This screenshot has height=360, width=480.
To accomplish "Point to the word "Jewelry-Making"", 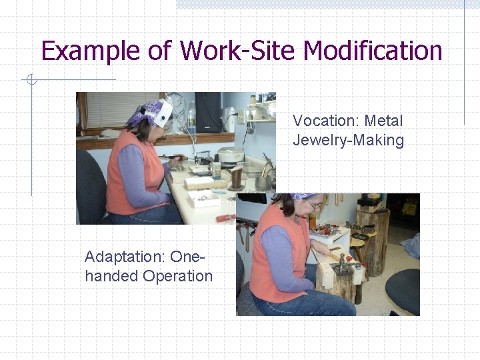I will [x=348, y=140].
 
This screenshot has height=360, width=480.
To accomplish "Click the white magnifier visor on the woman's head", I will [x=163, y=113].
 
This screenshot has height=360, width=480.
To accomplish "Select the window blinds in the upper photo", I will [x=117, y=109].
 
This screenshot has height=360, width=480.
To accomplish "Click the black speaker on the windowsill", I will [x=208, y=112].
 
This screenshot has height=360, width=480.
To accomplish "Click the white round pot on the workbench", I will [x=231, y=155].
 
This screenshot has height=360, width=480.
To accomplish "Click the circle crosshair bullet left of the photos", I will [x=30, y=81].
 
